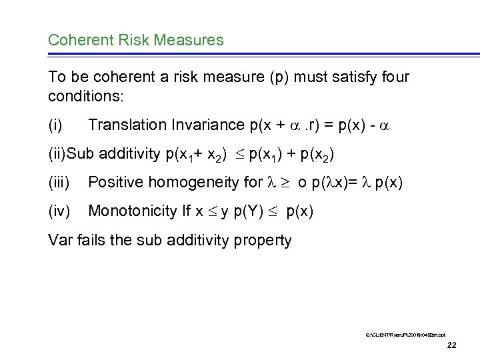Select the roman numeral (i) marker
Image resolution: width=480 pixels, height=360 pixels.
[55, 125]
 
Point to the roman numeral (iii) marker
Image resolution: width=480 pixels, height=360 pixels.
[59, 183]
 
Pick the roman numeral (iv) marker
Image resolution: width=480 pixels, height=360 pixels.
[59, 211]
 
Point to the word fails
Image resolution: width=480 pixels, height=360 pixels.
[93, 240]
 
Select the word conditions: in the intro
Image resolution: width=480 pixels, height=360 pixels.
[85, 96]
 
